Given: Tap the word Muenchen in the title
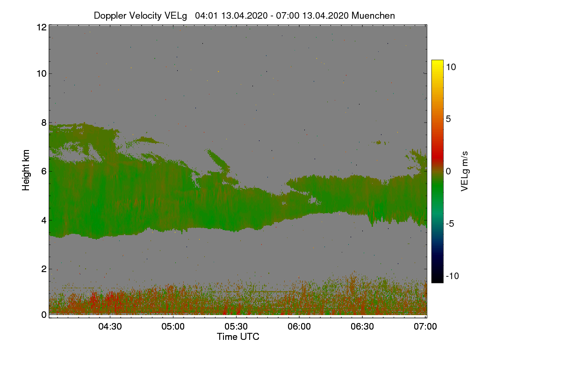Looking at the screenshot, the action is click(x=373, y=15).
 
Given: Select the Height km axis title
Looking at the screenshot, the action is click(x=26, y=170).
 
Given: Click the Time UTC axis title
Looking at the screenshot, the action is click(x=238, y=337).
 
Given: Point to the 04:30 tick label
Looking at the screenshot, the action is click(x=110, y=326).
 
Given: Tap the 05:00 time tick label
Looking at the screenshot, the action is click(x=173, y=326).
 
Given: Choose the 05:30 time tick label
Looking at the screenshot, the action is click(x=236, y=326).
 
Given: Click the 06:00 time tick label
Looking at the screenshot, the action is click(x=299, y=326).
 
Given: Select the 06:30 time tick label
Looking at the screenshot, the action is click(x=362, y=326).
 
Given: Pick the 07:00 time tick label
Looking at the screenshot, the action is click(x=425, y=326).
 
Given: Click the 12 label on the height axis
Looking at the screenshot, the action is click(x=42, y=27).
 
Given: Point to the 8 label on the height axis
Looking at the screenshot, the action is click(x=44, y=123).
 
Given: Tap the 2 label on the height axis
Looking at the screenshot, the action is click(x=44, y=269).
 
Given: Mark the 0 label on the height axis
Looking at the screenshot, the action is click(x=44, y=315).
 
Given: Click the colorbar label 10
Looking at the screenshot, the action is click(x=451, y=67).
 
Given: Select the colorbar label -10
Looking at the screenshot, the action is click(x=453, y=276).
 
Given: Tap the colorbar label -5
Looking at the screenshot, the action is click(x=450, y=223).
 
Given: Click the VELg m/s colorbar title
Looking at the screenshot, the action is click(x=464, y=172).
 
